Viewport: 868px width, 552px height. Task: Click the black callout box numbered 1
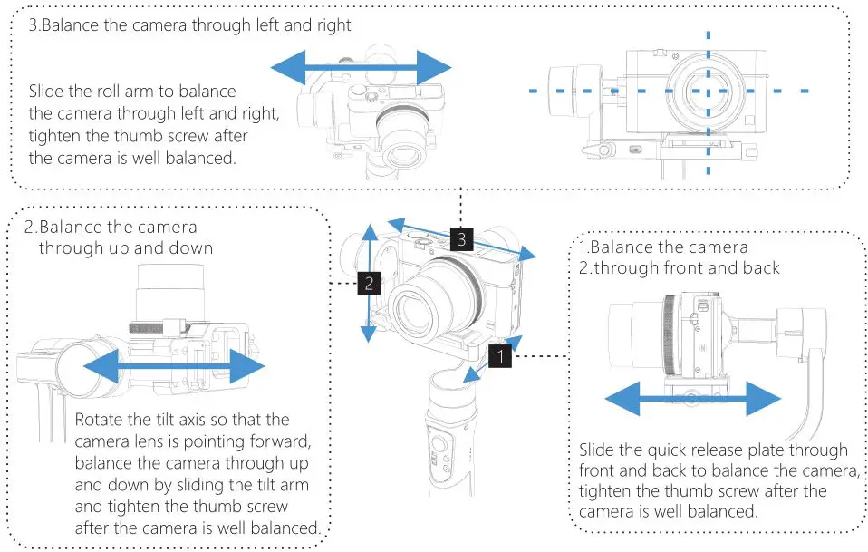501,356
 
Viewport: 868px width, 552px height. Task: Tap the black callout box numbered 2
368,283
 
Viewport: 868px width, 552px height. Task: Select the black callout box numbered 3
461,239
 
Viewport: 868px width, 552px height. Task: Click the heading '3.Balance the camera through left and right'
189,24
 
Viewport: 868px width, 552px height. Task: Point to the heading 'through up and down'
126,247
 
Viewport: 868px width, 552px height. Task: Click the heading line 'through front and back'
680,267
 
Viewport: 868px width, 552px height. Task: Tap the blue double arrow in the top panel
361,67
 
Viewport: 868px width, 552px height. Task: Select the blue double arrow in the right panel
692,397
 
